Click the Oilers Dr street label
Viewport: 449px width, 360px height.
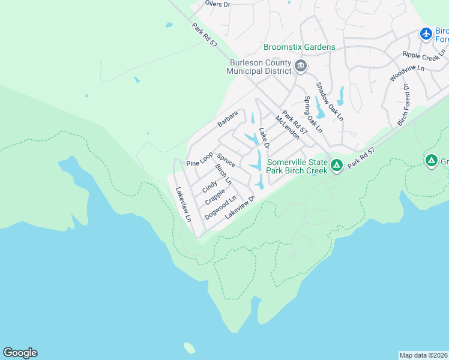[217, 4]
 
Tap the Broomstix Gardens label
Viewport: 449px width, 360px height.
[299, 47]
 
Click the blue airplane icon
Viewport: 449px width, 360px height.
[426, 34]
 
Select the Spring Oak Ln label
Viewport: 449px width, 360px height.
[313, 115]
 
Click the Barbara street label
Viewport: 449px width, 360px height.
[228, 119]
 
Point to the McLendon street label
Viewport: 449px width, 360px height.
[287, 128]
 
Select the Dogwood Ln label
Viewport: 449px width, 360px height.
[220, 207]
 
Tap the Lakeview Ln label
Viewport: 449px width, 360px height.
[183, 205]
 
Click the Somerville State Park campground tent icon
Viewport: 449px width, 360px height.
[337, 164]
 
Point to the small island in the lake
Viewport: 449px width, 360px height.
[189, 347]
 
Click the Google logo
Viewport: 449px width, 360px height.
[20, 353]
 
